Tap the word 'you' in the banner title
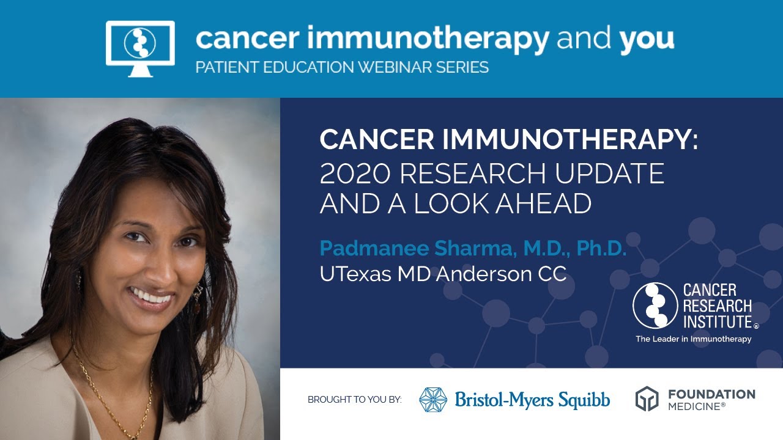point(647,39)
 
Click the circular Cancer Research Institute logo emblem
point(655,305)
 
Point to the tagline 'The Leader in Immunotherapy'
point(693,339)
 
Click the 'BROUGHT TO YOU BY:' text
point(355,400)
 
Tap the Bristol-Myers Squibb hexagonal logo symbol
point(433,400)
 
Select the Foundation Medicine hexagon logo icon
point(647,399)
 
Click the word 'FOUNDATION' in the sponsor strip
point(711,394)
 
